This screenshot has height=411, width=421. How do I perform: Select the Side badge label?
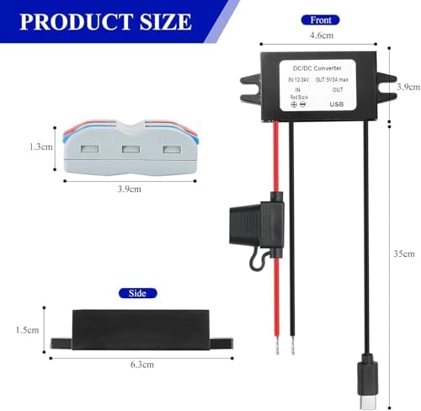[137, 293]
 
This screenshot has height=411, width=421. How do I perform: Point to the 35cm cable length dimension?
[405, 253]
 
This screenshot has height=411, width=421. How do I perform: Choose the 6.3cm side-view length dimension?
[141, 365]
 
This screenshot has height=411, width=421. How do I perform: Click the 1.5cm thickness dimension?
[28, 329]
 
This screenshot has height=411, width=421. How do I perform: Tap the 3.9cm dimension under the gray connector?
[130, 188]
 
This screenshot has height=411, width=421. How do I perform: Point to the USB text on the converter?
[337, 105]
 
